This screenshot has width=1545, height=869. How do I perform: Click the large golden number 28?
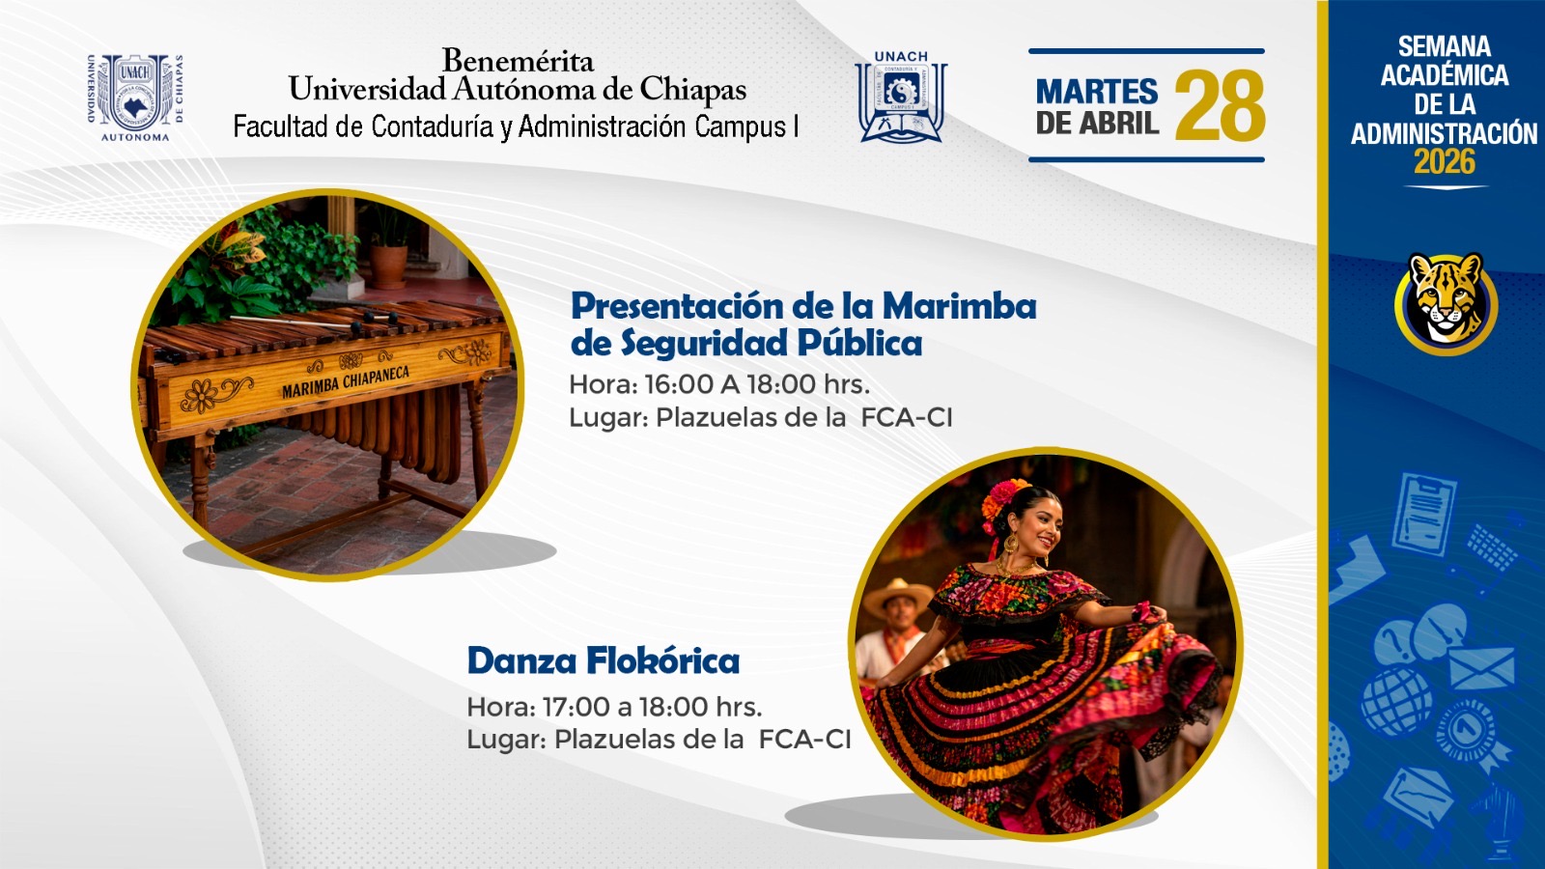[x=1220, y=105]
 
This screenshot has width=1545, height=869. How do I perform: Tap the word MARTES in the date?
[x=1097, y=91]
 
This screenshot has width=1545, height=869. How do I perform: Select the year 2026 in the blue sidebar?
[x=1445, y=162]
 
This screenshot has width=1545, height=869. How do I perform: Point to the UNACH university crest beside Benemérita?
[x=135, y=97]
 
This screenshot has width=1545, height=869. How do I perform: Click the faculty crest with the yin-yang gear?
[x=901, y=97]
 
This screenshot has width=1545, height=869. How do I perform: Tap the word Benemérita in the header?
[x=518, y=61]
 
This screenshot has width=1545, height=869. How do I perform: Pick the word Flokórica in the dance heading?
[x=663, y=660]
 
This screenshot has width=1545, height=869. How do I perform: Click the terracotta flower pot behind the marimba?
[x=388, y=266]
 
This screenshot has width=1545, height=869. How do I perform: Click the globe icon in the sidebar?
[x=1396, y=701]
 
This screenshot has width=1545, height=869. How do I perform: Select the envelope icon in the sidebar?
[x=1481, y=666]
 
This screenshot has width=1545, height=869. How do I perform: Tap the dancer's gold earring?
[x=1010, y=543]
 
